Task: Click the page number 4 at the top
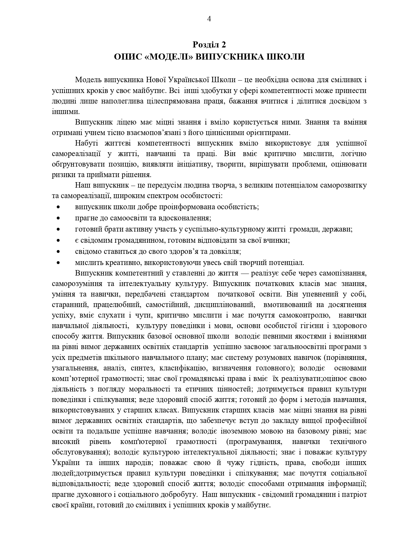click(x=209, y=19)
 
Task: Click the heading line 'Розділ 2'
click(x=209, y=44)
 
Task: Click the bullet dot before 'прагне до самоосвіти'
click(x=58, y=218)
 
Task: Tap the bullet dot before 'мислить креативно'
click(x=58, y=263)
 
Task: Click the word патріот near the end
click(x=355, y=495)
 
